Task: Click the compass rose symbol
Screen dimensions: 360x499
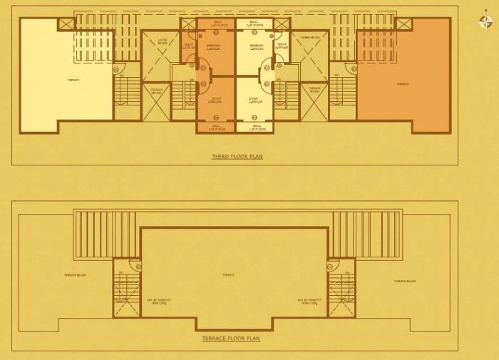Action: coord(485,21)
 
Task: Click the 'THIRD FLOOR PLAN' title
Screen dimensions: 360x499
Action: coord(237,156)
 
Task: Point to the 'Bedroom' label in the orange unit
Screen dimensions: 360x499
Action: coord(213,46)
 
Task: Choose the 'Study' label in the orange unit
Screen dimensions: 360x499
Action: coord(215,100)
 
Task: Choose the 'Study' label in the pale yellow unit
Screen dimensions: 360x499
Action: coord(254,100)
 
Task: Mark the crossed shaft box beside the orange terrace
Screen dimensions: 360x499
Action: coord(404,24)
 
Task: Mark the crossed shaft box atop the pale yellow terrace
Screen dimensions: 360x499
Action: coord(66,24)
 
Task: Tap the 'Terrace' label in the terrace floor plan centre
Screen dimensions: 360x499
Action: coord(227,274)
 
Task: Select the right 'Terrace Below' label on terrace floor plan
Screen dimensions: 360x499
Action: coord(405,281)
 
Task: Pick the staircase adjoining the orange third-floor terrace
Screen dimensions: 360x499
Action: coord(342,91)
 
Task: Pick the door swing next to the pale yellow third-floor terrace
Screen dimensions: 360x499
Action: coord(117,69)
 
